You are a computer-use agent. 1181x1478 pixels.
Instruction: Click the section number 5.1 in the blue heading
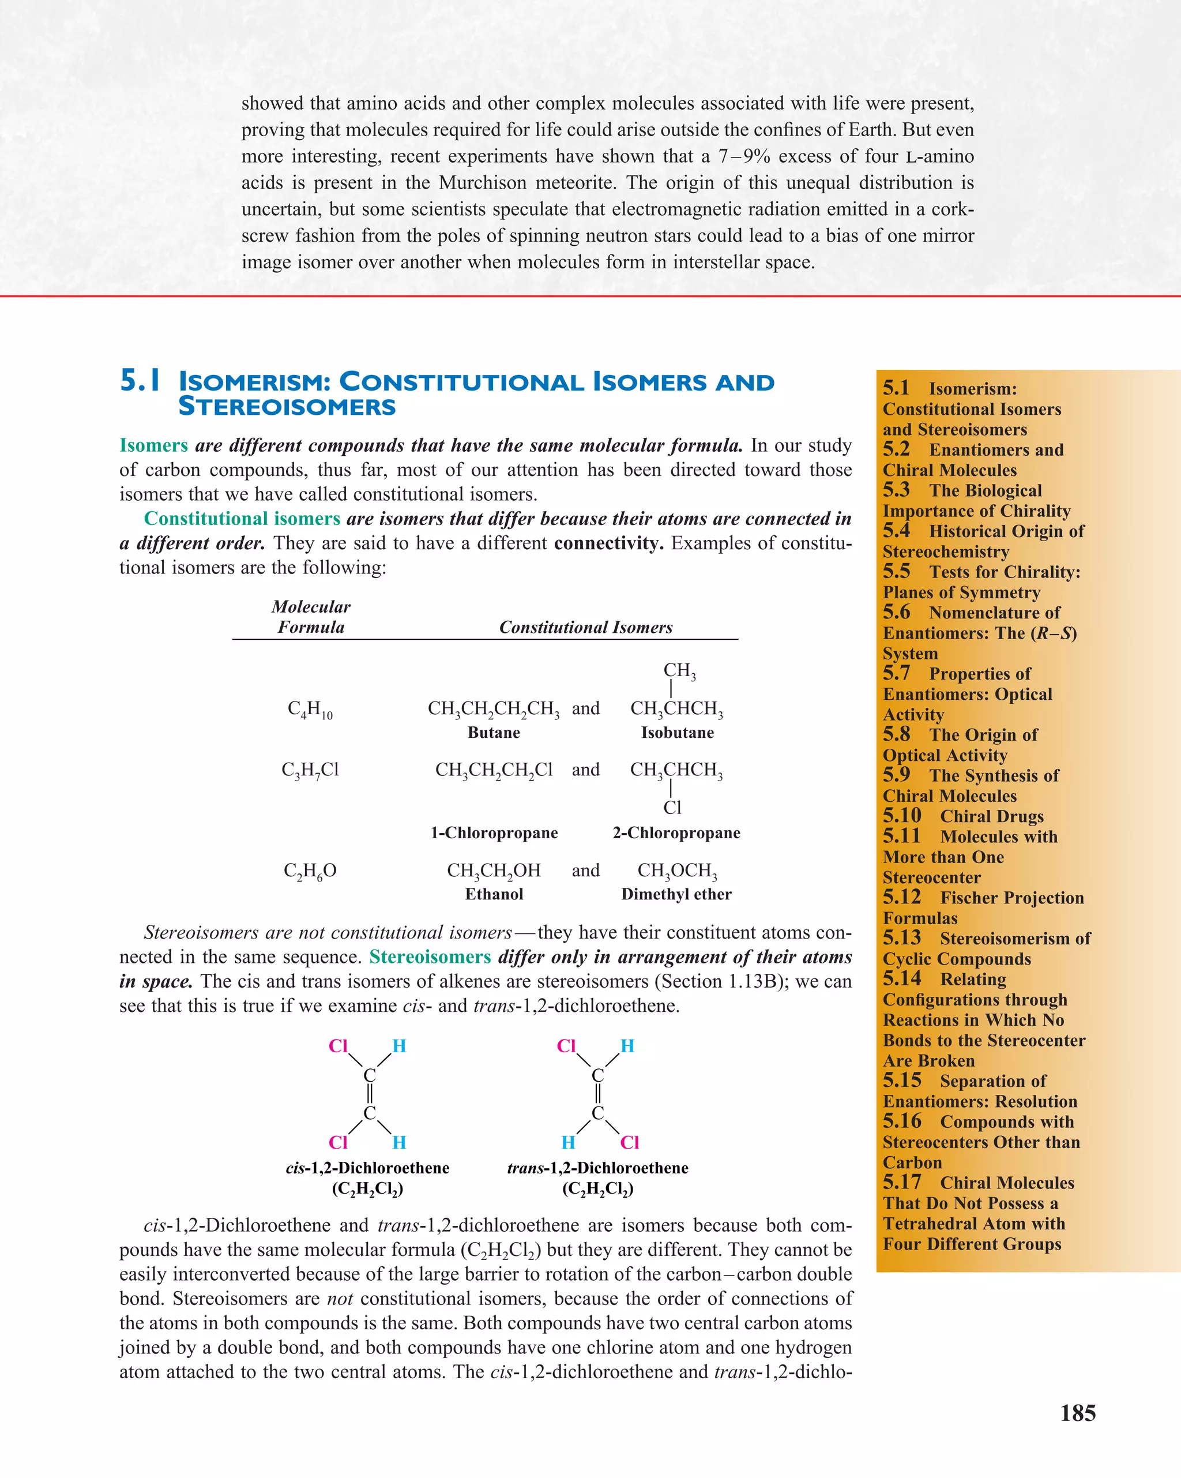[141, 381]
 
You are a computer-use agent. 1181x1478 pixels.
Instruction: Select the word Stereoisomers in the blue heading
[287, 407]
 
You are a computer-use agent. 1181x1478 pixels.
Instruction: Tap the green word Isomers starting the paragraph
[153, 445]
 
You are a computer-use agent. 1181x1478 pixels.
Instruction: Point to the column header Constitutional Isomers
[585, 627]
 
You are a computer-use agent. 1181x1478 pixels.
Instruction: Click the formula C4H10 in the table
[310, 709]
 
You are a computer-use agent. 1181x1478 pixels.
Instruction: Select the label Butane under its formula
[494, 733]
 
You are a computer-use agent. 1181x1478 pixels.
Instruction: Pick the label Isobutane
[677, 733]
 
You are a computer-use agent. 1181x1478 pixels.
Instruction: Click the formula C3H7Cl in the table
[310, 770]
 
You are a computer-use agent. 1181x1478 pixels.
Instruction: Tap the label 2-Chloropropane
[676, 833]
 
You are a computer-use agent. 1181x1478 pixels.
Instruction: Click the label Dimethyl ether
[676, 894]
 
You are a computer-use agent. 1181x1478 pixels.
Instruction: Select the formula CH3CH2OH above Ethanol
[494, 871]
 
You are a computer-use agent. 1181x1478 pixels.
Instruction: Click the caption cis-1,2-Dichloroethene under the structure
[367, 1168]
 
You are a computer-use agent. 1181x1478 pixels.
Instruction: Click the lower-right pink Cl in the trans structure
[629, 1143]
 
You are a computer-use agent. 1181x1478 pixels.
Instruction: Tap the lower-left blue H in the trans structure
[568, 1143]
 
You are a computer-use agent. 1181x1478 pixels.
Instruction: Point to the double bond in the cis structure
[370, 1094]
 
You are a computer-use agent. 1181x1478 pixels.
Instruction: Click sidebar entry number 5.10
[902, 816]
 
